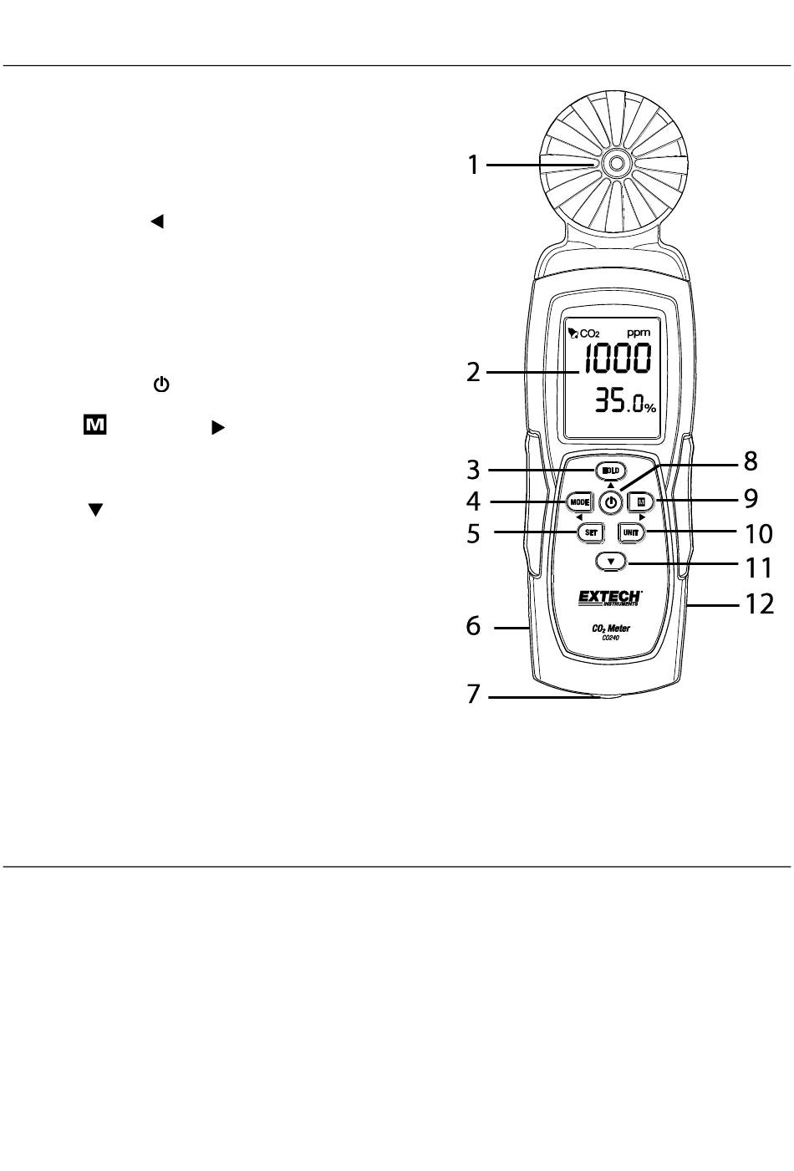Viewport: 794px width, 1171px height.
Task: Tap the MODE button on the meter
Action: (579, 501)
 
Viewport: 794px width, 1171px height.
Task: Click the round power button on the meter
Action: (612, 502)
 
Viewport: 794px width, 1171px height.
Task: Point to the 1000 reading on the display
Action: (618, 359)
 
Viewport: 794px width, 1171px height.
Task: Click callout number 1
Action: (473, 165)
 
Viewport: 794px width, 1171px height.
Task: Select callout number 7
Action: (474, 695)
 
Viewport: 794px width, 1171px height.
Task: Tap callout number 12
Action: (759, 603)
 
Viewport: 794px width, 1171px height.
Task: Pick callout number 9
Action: (750, 499)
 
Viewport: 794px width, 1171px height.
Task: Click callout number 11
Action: (759, 568)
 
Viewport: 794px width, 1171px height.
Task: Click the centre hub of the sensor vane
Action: (614, 164)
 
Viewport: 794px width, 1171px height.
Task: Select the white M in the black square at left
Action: (94, 426)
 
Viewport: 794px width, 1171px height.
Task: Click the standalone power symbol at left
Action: (161, 385)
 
